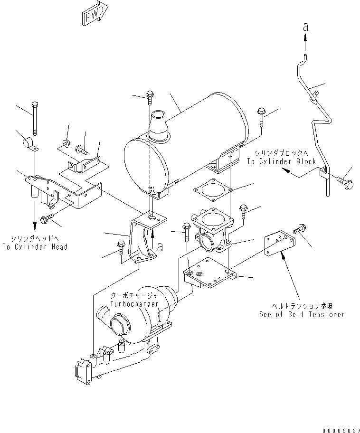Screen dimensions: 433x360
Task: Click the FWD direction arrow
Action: click(94, 14)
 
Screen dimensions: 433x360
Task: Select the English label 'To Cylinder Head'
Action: click(35, 247)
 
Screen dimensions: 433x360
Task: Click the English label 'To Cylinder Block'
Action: click(281, 161)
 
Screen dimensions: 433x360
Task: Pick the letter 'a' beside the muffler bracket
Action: click(160, 246)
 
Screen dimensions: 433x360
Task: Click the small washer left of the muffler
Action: click(66, 142)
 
